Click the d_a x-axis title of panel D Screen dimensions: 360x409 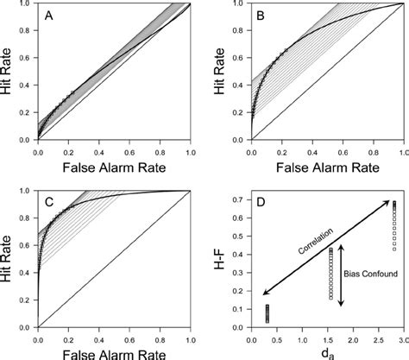click(328, 351)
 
